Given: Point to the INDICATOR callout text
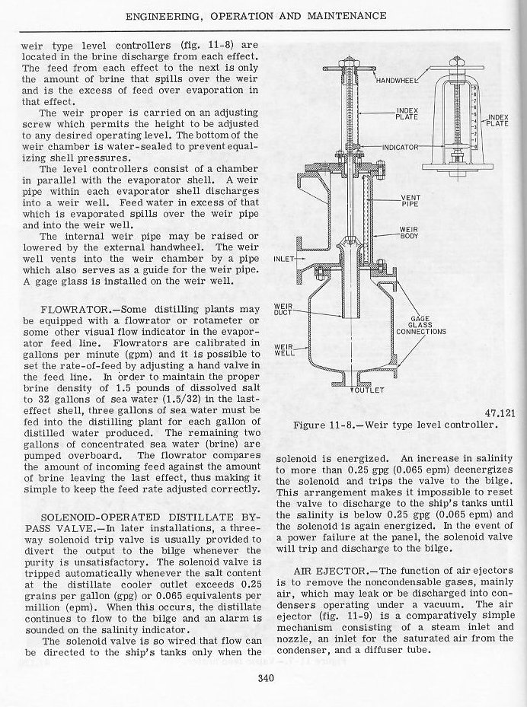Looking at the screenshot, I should coord(398,145).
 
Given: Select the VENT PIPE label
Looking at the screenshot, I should coord(411,201).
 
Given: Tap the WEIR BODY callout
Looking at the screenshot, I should coord(411,233).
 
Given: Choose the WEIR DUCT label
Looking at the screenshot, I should coord(284,311).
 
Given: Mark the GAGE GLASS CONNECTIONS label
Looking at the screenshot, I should coord(426,326).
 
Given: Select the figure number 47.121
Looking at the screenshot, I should coord(500,413).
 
